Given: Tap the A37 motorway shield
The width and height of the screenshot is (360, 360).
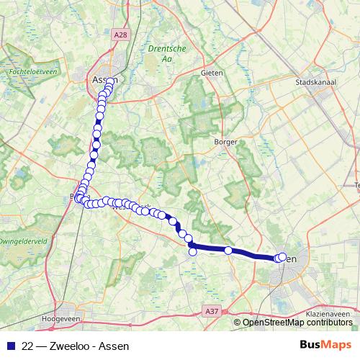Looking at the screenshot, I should [x=211, y=310].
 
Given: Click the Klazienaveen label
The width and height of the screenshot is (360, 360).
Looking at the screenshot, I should [x=328, y=315].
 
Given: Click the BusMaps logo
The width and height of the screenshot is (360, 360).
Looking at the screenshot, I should [x=325, y=345].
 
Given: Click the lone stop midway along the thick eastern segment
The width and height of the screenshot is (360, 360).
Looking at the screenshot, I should [x=228, y=251].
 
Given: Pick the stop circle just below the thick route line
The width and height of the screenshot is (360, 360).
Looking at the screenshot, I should [x=193, y=252].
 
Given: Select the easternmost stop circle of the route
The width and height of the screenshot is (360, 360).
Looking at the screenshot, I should [x=283, y=256].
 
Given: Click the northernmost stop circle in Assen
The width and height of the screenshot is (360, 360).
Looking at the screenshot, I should [x=112, y=81].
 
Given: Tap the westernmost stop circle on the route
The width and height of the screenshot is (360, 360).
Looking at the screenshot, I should [x=77, y=197].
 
